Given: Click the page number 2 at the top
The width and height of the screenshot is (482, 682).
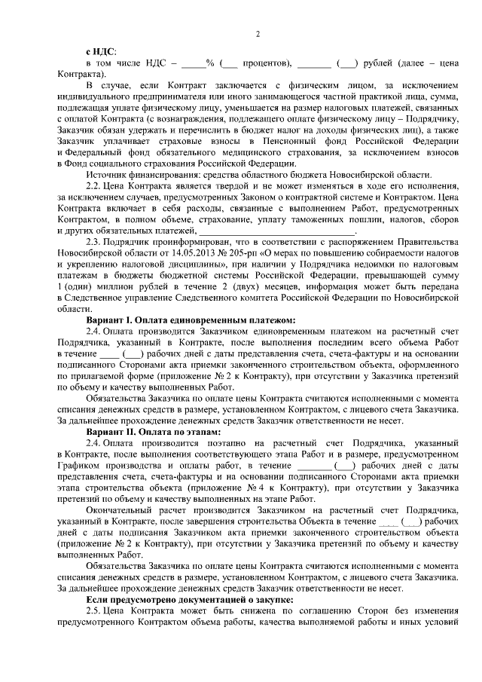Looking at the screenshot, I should coord(257,35).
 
